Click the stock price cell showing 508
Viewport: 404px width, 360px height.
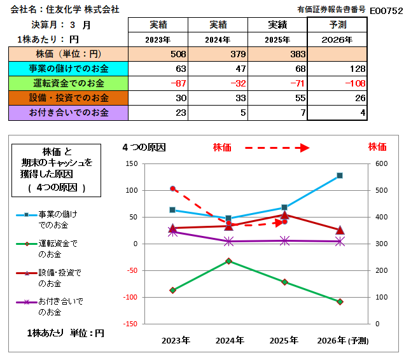point(158,54)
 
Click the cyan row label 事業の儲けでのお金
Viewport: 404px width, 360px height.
point(68,69)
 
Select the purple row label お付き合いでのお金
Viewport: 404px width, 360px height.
point(68,113)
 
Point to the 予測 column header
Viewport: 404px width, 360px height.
point(337,25)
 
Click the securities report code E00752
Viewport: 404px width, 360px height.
point(386,11)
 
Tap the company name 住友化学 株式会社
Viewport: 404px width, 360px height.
point(83,10)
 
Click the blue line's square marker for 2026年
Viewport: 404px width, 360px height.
point(340,176)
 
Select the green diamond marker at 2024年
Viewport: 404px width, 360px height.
point(228,261)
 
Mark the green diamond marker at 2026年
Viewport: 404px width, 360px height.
point(340,301)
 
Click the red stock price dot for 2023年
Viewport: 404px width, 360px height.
point(172,189)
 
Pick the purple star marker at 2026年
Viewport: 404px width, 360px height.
point(340,242)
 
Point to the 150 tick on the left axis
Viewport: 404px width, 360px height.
point(132,163)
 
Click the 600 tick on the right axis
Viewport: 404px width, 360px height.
point(381,163)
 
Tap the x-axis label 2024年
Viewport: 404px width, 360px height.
point(230,340)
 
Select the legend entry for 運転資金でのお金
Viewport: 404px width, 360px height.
point(47,249)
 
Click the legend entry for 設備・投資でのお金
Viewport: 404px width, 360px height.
point(48,278)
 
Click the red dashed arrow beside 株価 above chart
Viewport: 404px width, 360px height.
point(277,148)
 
